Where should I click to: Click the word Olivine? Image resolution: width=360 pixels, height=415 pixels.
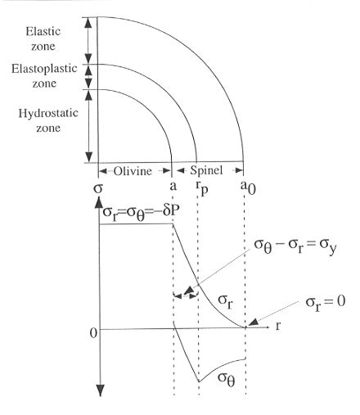tap(133, 171)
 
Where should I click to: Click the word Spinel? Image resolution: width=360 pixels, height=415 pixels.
tap(206, 170)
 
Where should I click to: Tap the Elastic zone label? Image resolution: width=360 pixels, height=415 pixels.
tap(43, 38)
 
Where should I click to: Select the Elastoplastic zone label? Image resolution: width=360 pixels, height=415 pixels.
tap(44, 76)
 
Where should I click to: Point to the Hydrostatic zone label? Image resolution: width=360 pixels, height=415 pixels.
tap(48, 120)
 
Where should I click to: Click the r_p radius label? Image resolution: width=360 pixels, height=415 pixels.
tap(202, 188)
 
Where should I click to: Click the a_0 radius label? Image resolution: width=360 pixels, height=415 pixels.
tap(248, 187)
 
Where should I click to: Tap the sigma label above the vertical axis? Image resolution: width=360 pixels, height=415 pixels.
tap(98, 188)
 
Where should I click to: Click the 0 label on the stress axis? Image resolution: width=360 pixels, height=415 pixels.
tap(93, 333)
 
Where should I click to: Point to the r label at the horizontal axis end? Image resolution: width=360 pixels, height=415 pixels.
tap(278, 326)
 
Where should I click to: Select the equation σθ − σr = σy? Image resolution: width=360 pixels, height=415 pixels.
tap(295, 246)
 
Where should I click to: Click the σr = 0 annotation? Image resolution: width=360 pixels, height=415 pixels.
tap(326, 303)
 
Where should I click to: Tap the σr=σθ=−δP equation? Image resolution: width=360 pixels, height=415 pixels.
tap(141, 213)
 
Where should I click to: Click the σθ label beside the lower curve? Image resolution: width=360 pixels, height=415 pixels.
tap(227, 379)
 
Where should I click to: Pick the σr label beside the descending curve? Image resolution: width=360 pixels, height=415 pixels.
tap(225, 301)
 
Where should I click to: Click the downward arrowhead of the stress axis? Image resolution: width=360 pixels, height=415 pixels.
tap(101, 390)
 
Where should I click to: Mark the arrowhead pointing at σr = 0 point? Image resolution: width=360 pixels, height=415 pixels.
tap(253, 323)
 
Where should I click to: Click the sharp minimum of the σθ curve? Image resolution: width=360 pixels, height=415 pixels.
tap(199, 381)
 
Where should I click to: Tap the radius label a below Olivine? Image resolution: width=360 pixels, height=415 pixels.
tap(173, 187)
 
